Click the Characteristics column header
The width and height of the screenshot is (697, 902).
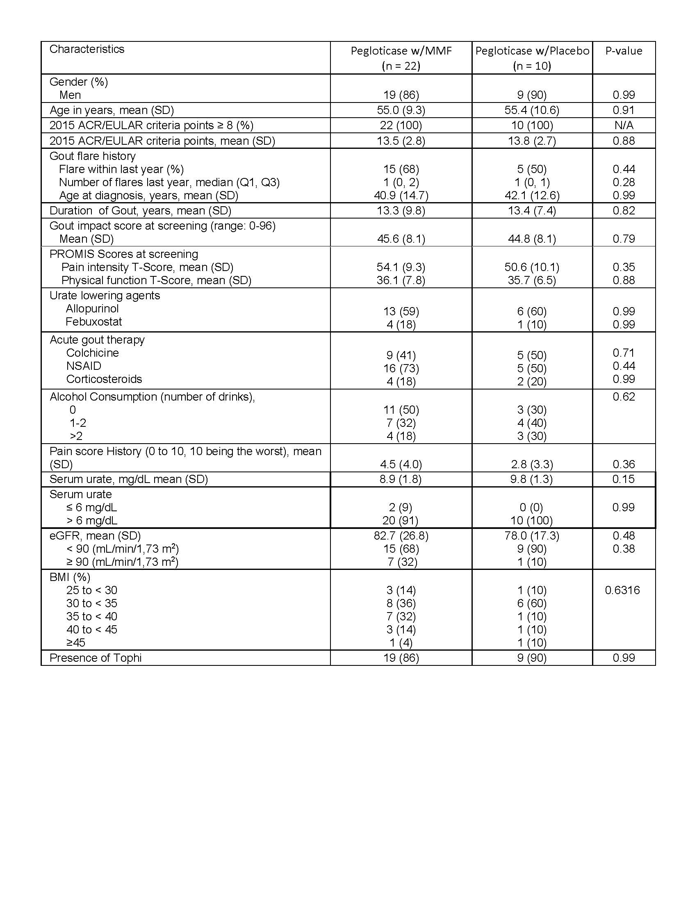pyautogui.click(x=87, y=49)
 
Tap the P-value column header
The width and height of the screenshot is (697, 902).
pyautogui.click(x=624, y=51)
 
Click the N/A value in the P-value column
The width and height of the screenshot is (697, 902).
pyautogui.click(x=624, y=125)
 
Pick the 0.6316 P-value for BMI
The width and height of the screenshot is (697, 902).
pyautogui.click(x=622, y=590)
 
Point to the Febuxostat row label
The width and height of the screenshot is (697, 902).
pyautogui.click(x=94, y=322)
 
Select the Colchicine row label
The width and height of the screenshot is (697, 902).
pyautogui.click(x=93, y=353)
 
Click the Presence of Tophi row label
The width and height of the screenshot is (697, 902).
pyautogui.click(x=96, y=658)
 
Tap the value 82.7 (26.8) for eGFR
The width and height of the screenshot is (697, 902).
pyautogui.click(x=401, y=536)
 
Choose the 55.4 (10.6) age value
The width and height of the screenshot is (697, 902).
pyautogui.click(x=532, y=110)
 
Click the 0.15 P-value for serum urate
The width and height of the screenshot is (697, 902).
pyautogui.click(x=624, y=479)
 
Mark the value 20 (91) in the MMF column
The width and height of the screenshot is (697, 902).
pyautogui.click(x=401, y=521)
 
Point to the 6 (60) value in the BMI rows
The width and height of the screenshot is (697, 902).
pyautogui.click(x=532, y=604)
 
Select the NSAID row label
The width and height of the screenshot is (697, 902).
pyautogui.click(x=84, y=366)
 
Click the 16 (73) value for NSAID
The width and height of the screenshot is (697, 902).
pyautogui.click(x=401, y=369)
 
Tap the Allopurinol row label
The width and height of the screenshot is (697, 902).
pyautogui.click(x=92, y=308)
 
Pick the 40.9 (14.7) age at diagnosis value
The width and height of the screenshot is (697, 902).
pyautogui.click(x=401, y=195)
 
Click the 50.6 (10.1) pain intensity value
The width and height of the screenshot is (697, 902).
pyautogui.click(x=532, y=267)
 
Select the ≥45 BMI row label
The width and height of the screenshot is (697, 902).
pyautogui.click(x=76, y=642)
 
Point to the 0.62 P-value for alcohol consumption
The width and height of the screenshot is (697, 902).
pyautogui.click(x=624, y=397)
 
